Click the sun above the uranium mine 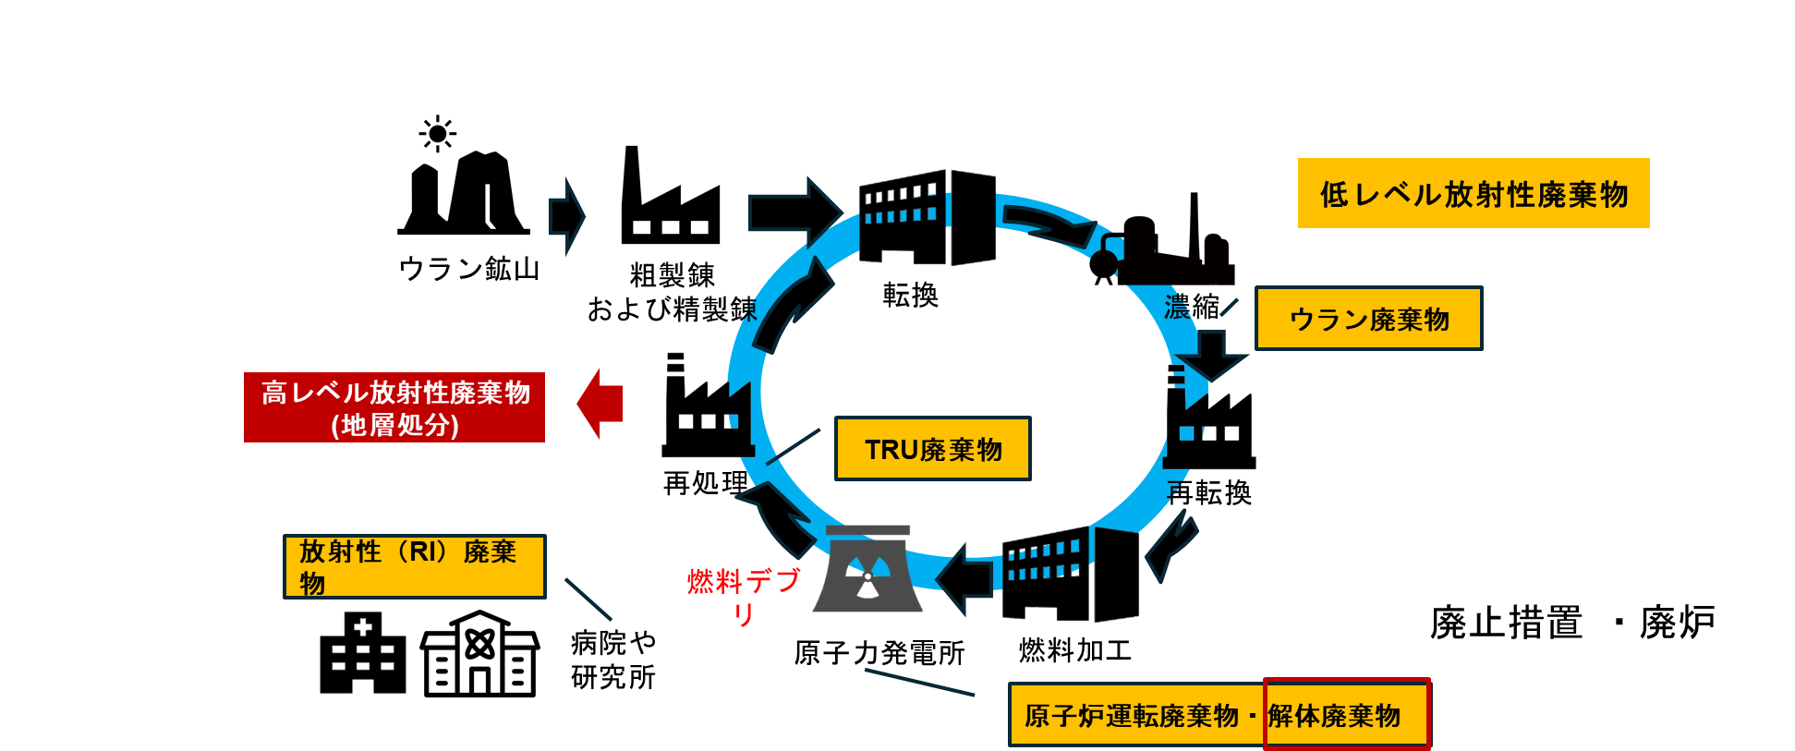pos(438,134)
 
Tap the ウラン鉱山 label pos(468,269)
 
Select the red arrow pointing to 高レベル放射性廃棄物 pos(600,404)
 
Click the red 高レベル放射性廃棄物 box pos(394,407)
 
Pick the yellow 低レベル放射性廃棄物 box pos(1473,193)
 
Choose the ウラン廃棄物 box pos(1368,319)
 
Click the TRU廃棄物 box pos(932,449)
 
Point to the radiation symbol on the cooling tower pos(867,579)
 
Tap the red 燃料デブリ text pos(744,594)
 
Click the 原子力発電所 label pos(879,653)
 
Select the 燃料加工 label pos(1074,650)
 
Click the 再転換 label pos(1208,493)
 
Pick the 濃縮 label pos(1192,306)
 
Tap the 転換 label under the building pos(910,295)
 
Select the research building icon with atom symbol pos(479,653)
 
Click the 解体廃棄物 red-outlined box pos(1345,714)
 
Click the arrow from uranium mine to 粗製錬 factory pos(566,215)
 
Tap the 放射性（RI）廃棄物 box pos(414,566)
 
